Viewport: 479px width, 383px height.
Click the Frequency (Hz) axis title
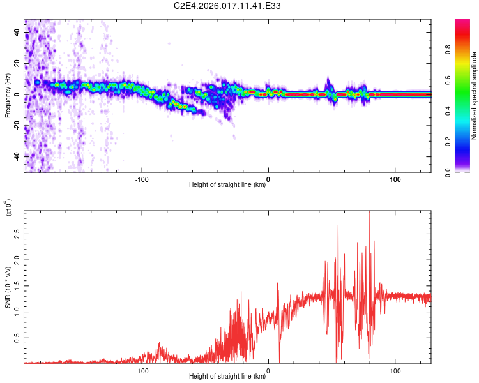(x=8, y=96)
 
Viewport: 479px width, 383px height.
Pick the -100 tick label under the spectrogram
(x=142, y=178)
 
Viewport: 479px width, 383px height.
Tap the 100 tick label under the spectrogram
(x=395, y=178)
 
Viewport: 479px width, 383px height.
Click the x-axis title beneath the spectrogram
(x=227, y=185)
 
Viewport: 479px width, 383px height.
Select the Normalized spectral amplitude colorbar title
(x=475, y=96)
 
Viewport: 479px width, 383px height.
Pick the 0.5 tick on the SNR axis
(x=17, y=338)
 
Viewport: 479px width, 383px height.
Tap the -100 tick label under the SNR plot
(x=142, y=370)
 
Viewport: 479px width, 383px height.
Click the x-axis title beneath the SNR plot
(x=227, y=377)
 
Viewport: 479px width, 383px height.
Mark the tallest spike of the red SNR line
(x=369, y=213)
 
